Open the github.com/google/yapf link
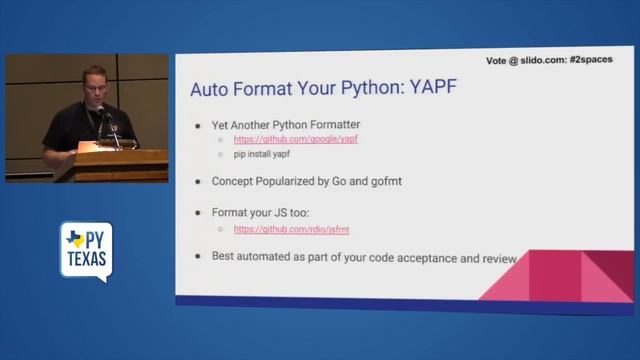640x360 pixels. click(x=295, y=139)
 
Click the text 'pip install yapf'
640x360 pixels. click(x=262, y=155)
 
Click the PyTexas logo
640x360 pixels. click(x=86, y=250)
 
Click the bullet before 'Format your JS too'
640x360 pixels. click(x=200, y=213)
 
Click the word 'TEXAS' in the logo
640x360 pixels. click(x=86, y=262)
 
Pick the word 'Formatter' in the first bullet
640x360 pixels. click(x=333, y=124)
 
